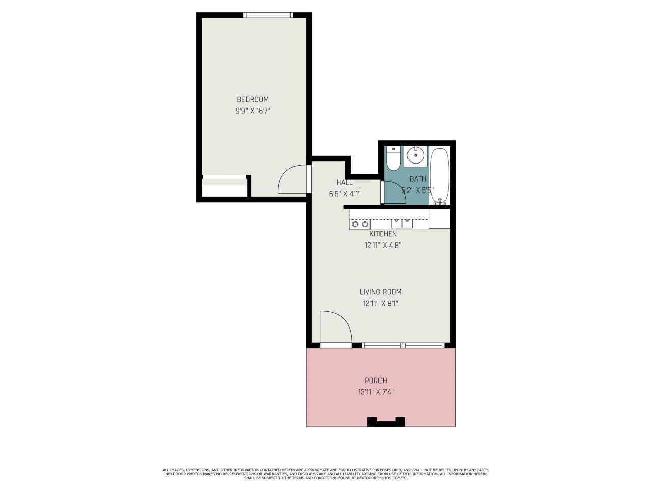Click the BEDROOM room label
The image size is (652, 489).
pos(253,99)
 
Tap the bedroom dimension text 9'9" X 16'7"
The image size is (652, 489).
pos(253,111)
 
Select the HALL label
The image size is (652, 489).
pos(344,182)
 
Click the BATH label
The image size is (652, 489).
pos(418,179)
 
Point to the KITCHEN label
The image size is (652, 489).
pos(383,234)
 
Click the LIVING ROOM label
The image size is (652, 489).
pos(381,292)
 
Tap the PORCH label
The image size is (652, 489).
pos(376,381)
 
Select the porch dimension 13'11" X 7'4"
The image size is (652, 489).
pos(376,392)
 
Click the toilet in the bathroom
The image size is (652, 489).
pos(393,159)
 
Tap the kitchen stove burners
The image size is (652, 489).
pos(360,224)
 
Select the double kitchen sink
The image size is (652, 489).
pos(402,223)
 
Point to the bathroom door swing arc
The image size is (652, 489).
pos(395,193)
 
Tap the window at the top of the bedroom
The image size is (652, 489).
pos(268,15)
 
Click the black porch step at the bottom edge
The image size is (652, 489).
pos(386,422)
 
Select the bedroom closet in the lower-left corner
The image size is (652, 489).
pos(224,187)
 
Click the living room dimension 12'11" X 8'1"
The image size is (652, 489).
pos(381,303)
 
